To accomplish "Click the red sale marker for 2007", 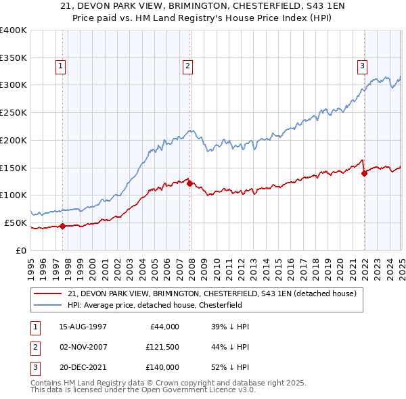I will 189,183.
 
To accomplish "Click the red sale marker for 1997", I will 62,226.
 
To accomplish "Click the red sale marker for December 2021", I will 364,173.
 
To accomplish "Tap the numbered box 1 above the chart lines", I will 61,66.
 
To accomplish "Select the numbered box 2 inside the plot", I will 187,66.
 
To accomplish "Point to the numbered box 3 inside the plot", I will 362,66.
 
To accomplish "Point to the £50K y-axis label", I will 16,222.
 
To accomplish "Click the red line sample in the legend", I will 49,294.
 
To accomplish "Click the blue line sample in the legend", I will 49,305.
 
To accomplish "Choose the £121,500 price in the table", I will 163,347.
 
